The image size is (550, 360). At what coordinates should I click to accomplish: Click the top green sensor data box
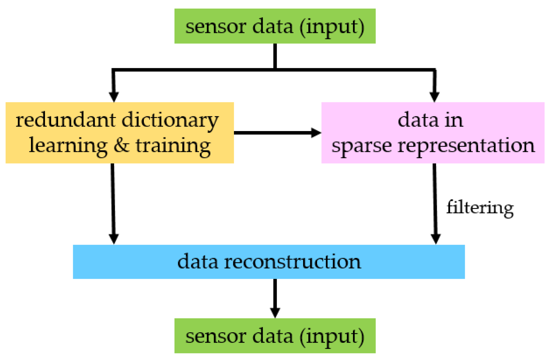275,26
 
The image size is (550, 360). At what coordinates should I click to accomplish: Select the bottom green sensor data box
275,336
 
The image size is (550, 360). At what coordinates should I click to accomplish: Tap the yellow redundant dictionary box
119,132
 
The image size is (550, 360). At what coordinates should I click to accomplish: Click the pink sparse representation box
433,132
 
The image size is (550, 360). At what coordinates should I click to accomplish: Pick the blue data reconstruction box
268,262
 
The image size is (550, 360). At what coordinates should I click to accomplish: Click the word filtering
480,208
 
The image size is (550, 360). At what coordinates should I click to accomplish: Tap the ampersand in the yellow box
121,145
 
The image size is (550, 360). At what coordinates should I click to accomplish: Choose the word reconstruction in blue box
292,262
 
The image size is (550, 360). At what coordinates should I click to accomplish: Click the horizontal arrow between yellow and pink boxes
277,133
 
